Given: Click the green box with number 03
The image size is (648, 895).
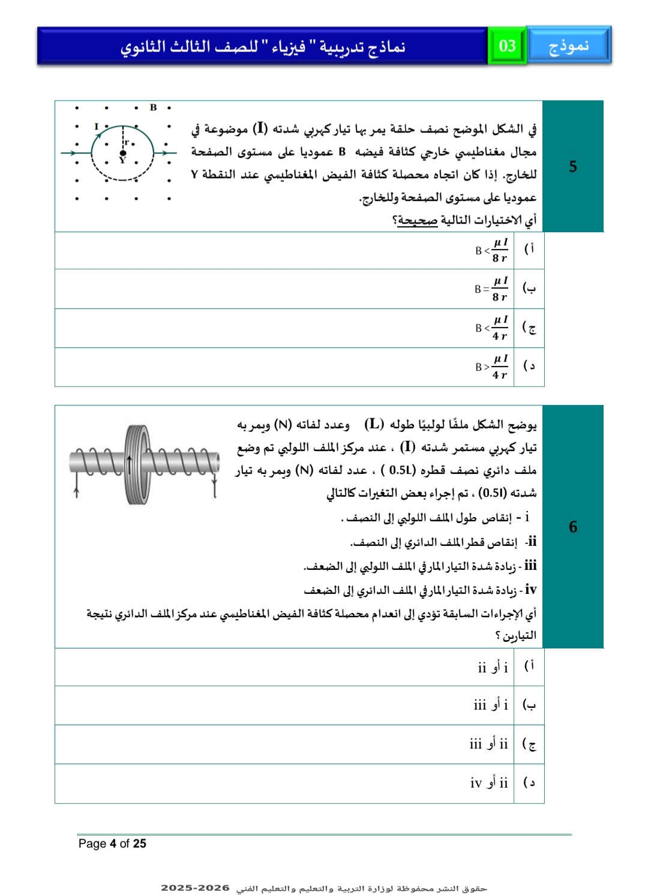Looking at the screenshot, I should [x=507, y=46].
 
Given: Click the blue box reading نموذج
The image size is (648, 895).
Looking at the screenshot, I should [x=568, y=46].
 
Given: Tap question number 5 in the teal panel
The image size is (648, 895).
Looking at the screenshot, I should [x=573, y=167].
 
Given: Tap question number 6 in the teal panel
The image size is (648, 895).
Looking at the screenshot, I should [x=573, y=527].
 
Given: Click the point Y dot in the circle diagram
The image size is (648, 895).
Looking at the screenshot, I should [x=123, y=154].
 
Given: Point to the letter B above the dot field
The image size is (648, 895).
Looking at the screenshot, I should [x=153, y=107].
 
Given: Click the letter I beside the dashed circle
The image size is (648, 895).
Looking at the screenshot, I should [x=96, y=127].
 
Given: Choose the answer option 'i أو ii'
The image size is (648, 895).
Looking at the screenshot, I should [x=493, y=668].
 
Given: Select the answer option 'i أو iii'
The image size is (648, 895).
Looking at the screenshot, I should [x=491, y=705].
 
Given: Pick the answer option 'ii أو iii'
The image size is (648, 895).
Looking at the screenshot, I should [x=488, y=744].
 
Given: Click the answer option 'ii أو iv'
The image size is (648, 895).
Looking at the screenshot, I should [x=489, y=783].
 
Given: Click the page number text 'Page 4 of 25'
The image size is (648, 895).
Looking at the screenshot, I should [x=112, y=843].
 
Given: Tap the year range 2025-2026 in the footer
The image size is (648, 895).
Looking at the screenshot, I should [x=195, y=888].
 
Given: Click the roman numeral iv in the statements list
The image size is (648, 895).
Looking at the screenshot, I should [x=530, y=590].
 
